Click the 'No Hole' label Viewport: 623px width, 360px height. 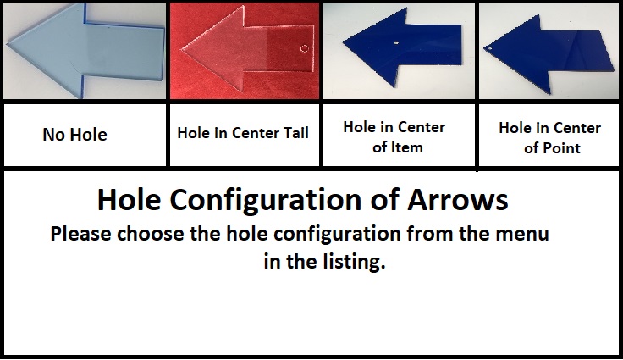[74, 135]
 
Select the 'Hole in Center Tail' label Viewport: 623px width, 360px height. [243, 133]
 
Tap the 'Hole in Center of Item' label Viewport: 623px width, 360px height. [394, 137]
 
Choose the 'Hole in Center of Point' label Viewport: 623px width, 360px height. [550, 138]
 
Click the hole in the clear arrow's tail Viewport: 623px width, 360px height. [305, 48]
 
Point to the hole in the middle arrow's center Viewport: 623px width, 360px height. [396, 43]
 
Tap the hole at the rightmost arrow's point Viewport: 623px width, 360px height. [489, 49]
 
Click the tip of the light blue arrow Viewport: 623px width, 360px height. [8, 45]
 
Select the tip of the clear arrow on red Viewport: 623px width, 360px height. [182, 49]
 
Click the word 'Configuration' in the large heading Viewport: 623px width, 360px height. [266, 200]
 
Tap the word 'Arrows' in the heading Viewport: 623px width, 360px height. [458, 199]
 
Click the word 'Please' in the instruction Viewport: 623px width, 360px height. [81, 233]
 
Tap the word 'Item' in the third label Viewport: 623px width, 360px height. [405, 147]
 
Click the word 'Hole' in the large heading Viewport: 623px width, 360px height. [130, 199]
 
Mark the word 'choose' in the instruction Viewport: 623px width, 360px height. [151, 234]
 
